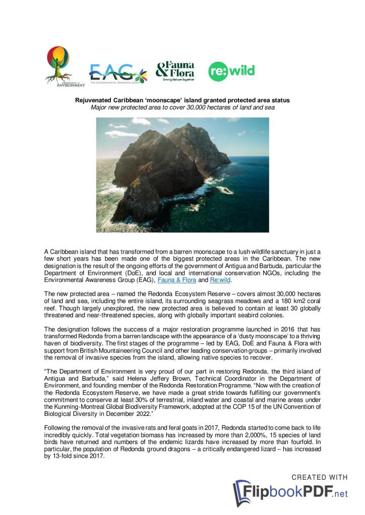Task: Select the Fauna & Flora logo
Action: pos(175,71)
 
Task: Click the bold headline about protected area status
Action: pos(182,100)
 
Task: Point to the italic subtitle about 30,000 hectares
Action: pos(182,107)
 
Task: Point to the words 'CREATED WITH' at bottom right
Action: pos(320,477)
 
